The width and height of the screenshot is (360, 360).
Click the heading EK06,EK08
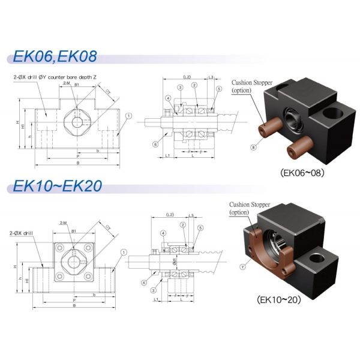(54, 58)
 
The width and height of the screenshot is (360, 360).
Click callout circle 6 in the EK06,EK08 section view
(155, 145)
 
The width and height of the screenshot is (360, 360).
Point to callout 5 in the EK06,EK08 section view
(220, 89)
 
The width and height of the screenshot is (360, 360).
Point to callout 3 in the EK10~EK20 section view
(163, 290)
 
